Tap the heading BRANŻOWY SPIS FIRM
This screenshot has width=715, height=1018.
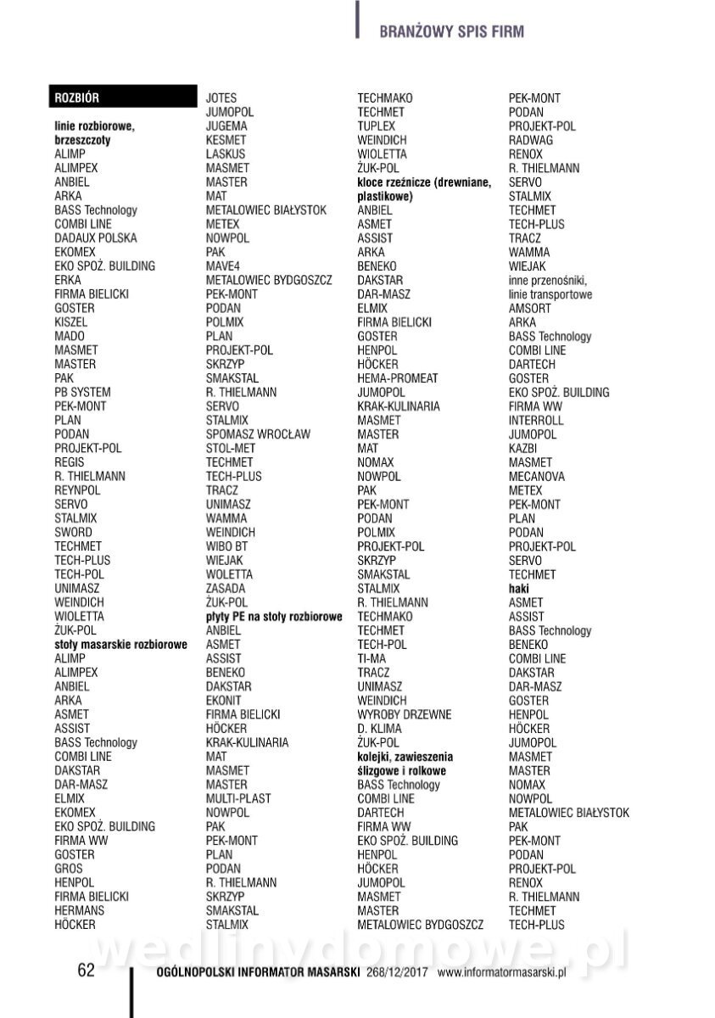click(451, 32)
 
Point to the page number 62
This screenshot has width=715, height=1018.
click(87, 970)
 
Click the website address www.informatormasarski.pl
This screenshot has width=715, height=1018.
click(501, 972)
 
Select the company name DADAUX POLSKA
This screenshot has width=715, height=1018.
click(95, 238)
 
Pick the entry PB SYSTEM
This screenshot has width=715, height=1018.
click(82, 392)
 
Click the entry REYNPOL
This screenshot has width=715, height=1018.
click(77, 490)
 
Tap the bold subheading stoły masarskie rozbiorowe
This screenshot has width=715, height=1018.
click(120, 645)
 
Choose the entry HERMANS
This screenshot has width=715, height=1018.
click(79, 910)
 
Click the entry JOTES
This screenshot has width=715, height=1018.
click(221, 98)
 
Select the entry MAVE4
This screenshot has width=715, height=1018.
click(223, 266)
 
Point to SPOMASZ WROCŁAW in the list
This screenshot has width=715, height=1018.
click(258, 434)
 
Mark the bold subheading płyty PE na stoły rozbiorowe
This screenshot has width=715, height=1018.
click(274, 617)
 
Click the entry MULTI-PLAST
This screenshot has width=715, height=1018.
click(238, 798)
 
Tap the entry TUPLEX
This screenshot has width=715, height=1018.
click(376, 126)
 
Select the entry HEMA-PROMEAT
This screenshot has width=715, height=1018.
click(398, 378)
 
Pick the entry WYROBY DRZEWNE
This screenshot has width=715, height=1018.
click(404, 714)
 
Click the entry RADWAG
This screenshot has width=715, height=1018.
click(530, 140)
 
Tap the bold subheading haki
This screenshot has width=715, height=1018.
click(518, 589)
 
